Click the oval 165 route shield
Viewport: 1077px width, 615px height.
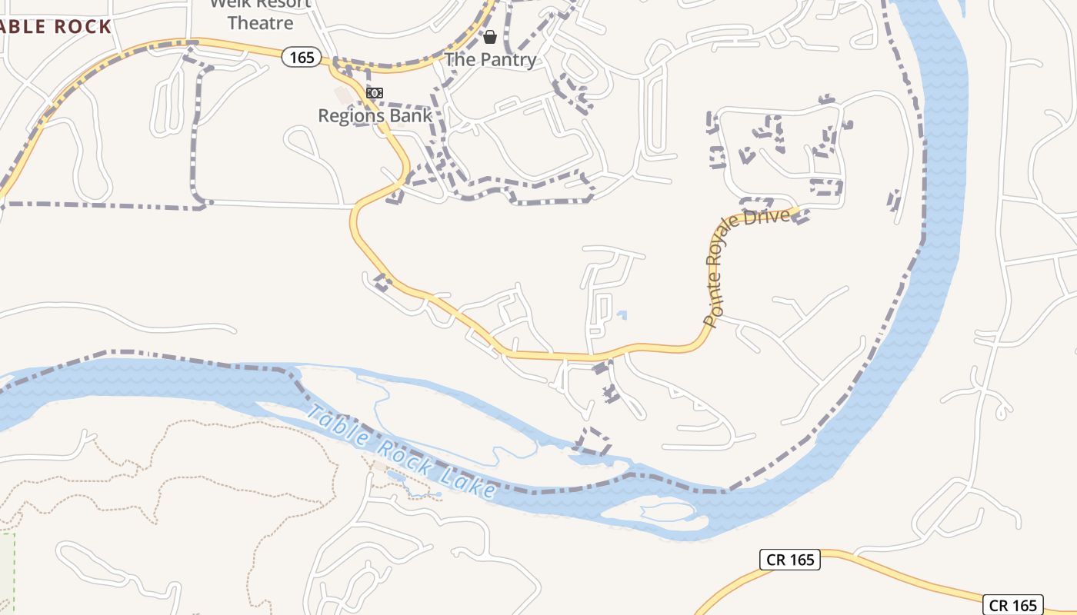click(301, 57)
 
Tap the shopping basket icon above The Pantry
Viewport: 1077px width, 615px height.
click(490, 37)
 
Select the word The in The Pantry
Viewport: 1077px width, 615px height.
click(462, 60)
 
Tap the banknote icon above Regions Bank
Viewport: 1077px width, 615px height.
click(375, 93)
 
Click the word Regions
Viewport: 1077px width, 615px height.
click(351, 116)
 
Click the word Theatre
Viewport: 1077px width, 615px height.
click(260, 23)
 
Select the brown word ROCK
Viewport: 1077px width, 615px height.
click(82, 28)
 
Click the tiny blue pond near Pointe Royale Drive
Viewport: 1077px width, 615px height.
click(622, 314)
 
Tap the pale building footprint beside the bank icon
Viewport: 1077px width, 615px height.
click(342, 95)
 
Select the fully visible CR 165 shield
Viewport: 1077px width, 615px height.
click(791, 560)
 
